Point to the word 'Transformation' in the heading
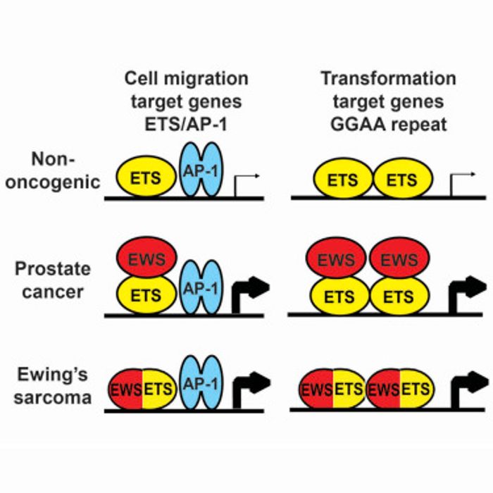388,78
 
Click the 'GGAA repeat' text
388,126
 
